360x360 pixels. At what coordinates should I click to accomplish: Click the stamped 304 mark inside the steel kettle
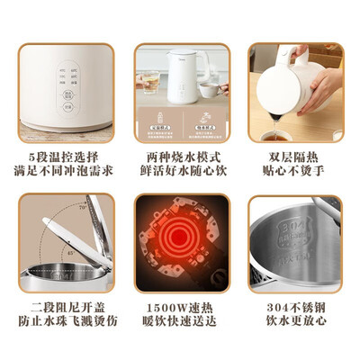tap(274, 220)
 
